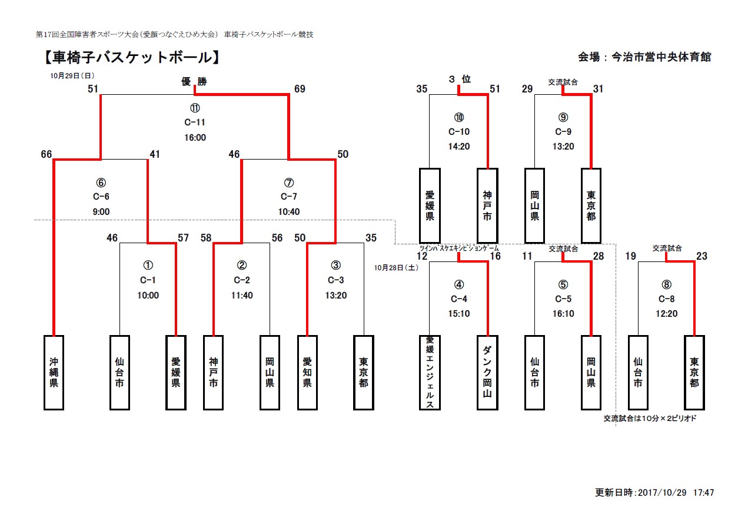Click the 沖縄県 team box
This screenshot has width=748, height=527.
[x=54, y=372]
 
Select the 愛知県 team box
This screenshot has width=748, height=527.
[x=307, y=372]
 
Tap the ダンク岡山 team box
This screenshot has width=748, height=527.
[x=487, y=372]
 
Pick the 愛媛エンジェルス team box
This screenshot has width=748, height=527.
[x=430, y=372]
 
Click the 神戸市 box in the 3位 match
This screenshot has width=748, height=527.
[x=487, y=205]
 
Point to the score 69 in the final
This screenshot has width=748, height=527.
[x=300, y=89]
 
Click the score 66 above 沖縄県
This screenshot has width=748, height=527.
[x=46, y=154]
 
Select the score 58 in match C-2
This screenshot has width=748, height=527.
[x=206, y=238]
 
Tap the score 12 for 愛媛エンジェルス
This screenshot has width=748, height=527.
[x=422, y=256]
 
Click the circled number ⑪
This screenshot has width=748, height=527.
[x=195, y=108]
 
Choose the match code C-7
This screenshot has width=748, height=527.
[x=288, y=197]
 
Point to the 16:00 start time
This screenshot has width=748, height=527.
[x=195, y=138]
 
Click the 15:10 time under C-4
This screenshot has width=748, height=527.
[x=458, y=314]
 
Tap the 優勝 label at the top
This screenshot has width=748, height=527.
[x=194, y=82]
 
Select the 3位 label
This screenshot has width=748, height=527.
[x=459, y=79]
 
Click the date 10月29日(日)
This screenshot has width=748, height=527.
[x=72, y=75]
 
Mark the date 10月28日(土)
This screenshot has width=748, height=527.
[x=398, y=267]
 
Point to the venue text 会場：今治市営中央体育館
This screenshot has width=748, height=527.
[x=644, y=57]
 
